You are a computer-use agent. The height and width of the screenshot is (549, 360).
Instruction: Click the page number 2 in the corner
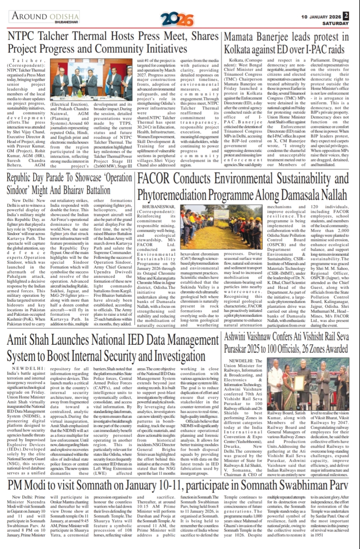pyautogui.click(x=346, y=16)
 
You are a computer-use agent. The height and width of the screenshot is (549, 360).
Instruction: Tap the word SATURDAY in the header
pyautogui.click(x=335, y=23)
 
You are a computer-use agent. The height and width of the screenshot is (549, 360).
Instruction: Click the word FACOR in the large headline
pyautogui.click(x=154, y=179)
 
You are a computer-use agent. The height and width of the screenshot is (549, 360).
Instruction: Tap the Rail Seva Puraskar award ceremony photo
pyautogui.click(x=308, y=384)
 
